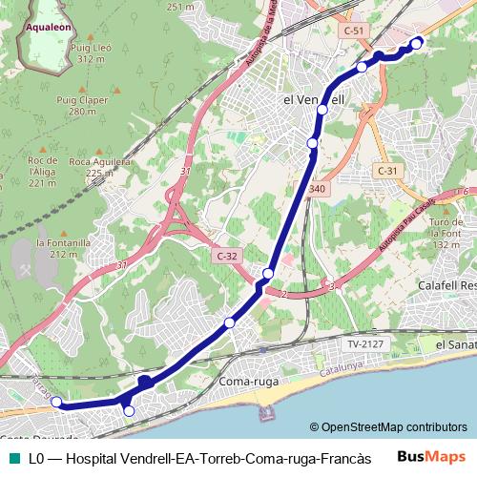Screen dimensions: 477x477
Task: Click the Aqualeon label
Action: click(x=45, y=29)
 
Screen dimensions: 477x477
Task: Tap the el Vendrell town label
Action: click(x=314, y=99)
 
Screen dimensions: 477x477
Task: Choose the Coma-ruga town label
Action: click(x=247, y=383)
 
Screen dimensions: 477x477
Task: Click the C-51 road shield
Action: click(x=354, y=31)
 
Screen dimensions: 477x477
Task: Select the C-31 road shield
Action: click(x=386, y=170)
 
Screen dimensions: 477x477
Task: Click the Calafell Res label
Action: click(x=446, y=285)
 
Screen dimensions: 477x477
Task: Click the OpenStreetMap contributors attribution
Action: click(x=388, y=426)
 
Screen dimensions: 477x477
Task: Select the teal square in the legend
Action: click(x=12, y=458)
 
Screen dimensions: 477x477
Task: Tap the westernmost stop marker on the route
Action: click(x=56, y=402)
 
